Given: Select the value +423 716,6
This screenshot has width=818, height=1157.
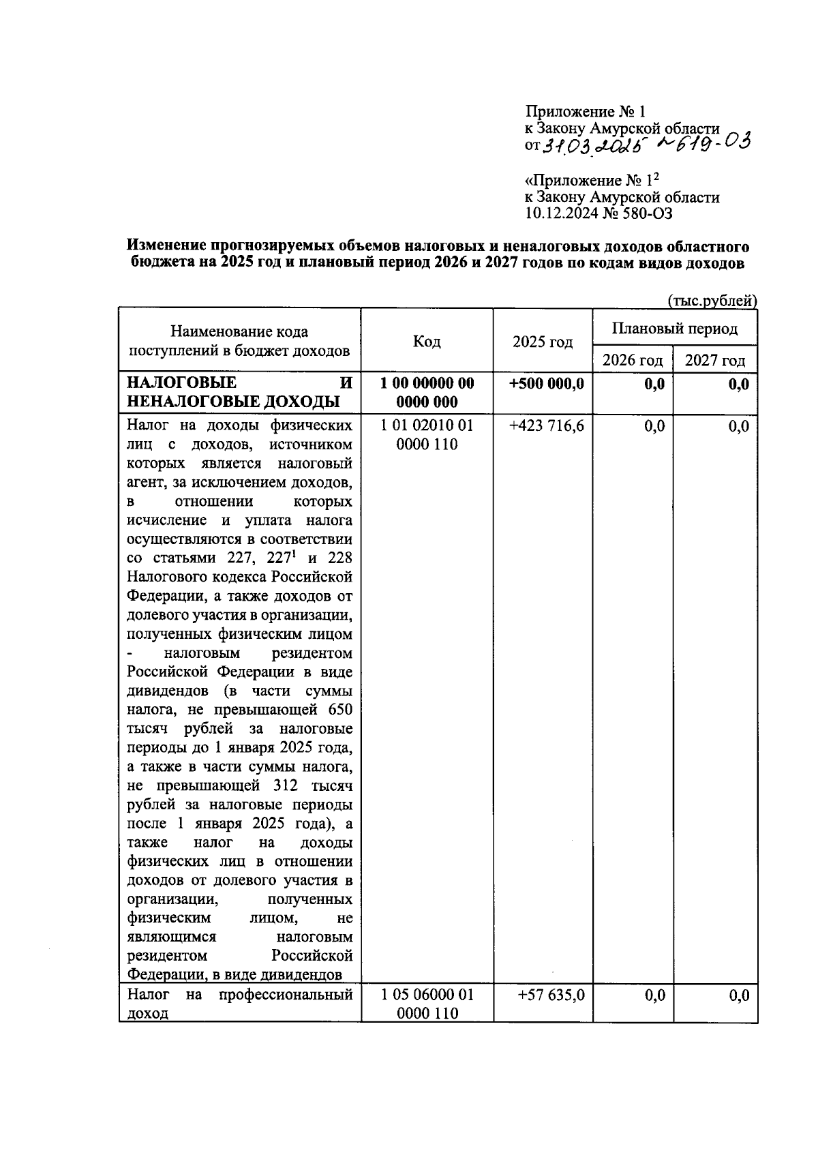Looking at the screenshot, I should click(x=547, y=427).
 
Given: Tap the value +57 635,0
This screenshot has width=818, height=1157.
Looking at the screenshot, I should click(x=551, y=995).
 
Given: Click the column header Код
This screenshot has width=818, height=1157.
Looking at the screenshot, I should click(x=427, y=342).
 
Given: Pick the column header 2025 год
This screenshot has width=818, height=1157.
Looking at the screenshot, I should click(x=543, y=342).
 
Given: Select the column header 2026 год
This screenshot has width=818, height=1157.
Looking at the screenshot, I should click(x=633, y=360).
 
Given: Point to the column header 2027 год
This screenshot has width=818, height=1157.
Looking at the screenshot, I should click(x=715, y=360).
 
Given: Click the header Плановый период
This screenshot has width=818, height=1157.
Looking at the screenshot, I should click(x=674, y=329).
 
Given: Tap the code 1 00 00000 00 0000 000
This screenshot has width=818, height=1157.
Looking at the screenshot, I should click(x=427, y=393).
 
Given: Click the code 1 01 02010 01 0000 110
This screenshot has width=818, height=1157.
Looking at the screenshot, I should click(x=427, y=436).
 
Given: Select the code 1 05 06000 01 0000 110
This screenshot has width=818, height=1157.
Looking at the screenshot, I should click(x=427, y=1004).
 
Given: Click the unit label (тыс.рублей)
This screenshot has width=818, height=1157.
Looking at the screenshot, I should click(x=712, y=301).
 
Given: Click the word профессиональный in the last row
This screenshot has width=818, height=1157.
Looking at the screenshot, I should click(x=286, y=995).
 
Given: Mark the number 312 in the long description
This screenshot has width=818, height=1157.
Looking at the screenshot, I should click(x=286, y=785).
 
